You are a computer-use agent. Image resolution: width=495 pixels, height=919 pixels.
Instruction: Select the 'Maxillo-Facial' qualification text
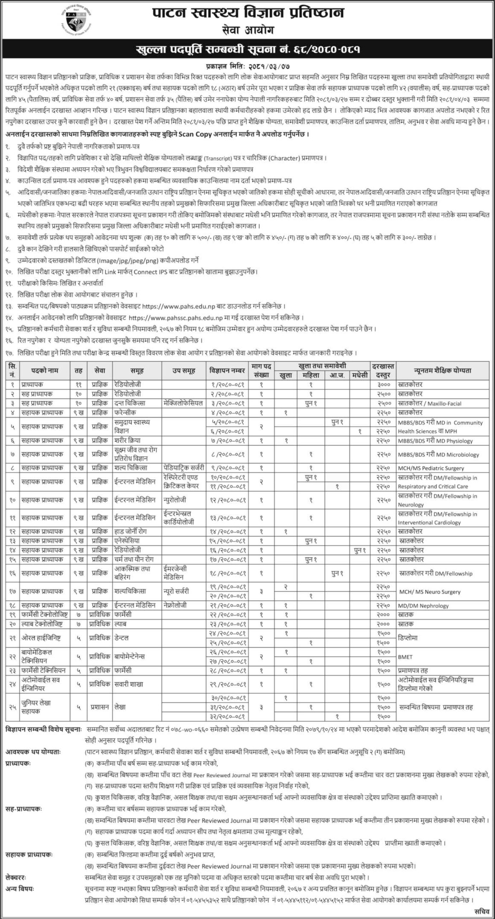pos(444,403)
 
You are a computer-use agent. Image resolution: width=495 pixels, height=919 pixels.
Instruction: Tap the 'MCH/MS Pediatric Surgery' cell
pos(430,468)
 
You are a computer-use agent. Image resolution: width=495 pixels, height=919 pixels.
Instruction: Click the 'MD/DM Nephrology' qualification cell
pos(423,606)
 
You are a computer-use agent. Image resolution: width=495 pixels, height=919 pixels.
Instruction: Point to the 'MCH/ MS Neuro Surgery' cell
pos(429,592)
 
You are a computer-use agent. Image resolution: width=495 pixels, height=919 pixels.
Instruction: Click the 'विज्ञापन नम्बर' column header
pos(226,370)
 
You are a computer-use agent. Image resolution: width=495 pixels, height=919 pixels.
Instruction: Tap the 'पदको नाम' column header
pos(45,370)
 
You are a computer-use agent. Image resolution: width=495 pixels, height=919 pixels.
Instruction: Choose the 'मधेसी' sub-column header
pos(360,375)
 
